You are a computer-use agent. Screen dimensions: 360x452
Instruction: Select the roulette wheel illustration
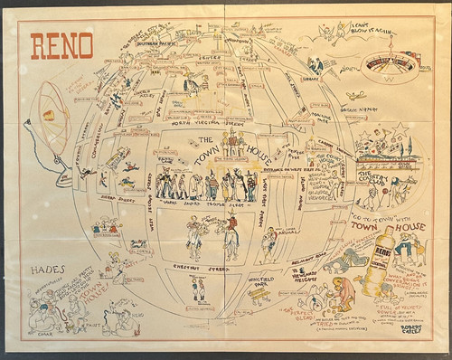(x=391, y=66)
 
